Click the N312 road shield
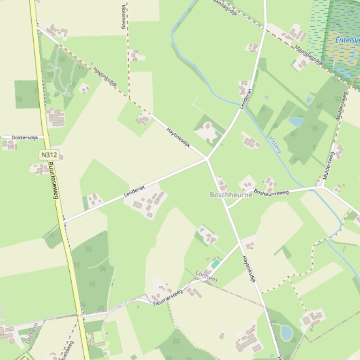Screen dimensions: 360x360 pyautogui.click(x=49, y=155)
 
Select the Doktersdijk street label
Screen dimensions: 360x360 pyautogui.click(x=24, y=138)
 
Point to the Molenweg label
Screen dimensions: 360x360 pyautogui.click(x=124, y=17)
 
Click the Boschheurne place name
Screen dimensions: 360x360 pyautogui.click(x=231, y=195)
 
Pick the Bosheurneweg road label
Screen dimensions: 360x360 pyautogui.click(x=272, y=191)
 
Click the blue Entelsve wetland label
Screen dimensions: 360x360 pyautogui.click(x=347, y=40)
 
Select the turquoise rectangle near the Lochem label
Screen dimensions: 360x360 pyautogui.click(x=215, y=264)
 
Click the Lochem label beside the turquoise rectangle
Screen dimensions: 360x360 pyautogui.click(x=206, y=276)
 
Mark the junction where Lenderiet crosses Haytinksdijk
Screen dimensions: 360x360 pyautogui.click(x=207, y=159)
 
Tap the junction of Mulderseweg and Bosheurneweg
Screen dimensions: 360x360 pyautogui.click(x=323, y=187)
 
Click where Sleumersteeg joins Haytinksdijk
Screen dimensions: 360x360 pyautogui.click(x=240, y=244)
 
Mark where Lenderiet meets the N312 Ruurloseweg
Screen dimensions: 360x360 pyautogui.click(x=64, y=221)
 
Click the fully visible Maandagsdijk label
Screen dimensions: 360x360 pyautogui.click(x=309, y=55)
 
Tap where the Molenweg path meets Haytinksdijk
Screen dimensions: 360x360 pyautogui.click(x=129, y=98)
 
